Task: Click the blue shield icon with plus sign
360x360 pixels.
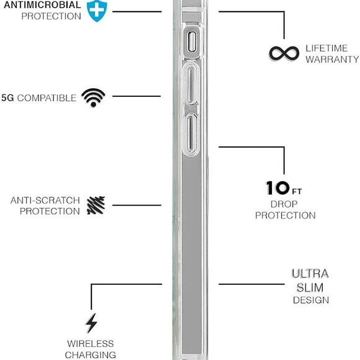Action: coord(97,11)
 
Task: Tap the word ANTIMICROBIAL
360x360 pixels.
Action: coord(42,5)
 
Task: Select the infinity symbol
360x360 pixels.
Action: coord(284,53)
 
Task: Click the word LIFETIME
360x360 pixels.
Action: coord(326,48)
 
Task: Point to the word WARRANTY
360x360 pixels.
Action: coord(332,60)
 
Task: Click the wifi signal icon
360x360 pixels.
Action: coord(94,97)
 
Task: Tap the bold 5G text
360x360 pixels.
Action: coord(7,98)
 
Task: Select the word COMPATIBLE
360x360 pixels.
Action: coord(47,98)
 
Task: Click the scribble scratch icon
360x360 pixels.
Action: coord(96,205)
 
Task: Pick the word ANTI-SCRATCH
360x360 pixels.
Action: coord(45,200)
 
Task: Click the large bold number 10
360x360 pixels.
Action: coord(277,188)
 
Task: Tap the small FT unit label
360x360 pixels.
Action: coord(297,191)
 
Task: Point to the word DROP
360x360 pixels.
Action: coord(284,204)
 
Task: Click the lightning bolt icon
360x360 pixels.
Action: coord(91,323)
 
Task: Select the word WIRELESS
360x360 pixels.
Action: coord(91,344)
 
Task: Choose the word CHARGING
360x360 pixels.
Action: coord(91,355)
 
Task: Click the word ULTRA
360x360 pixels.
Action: coord(310,274)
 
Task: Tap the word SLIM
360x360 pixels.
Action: coord(310,287)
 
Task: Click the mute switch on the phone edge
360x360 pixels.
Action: coord(192,42)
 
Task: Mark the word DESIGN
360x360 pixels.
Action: coord(311,300)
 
